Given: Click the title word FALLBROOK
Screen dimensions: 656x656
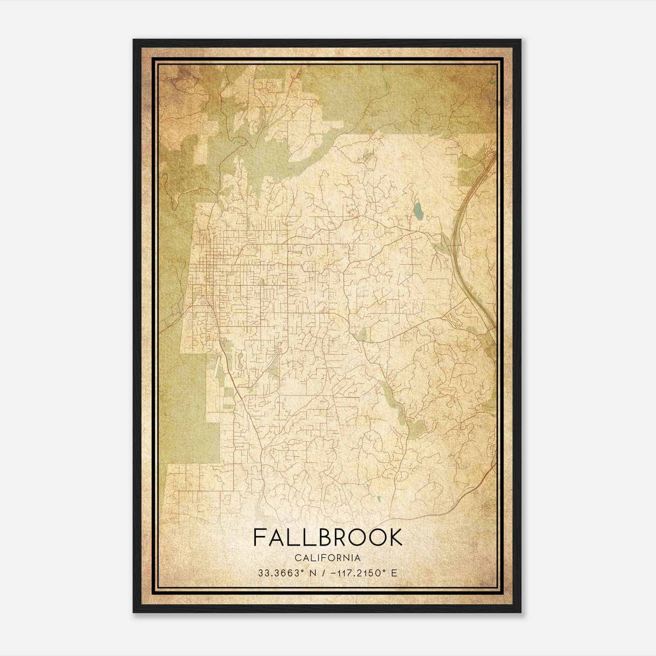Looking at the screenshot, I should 328,538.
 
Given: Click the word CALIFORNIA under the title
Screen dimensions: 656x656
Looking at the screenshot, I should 328,558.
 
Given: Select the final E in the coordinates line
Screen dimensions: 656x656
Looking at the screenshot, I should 394,573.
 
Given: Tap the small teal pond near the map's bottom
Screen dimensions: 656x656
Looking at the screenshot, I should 379,499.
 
